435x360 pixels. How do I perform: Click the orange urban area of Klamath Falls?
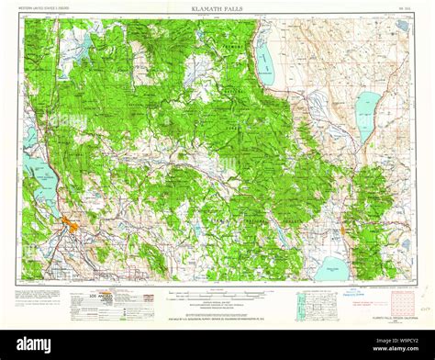(x=70, y=224)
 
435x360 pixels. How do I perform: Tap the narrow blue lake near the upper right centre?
(x=366, y=115)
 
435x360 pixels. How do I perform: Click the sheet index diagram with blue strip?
(x=311, y=304)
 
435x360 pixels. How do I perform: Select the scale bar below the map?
(x=217, y=297)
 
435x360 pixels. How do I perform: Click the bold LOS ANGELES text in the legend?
(x=96, y=298)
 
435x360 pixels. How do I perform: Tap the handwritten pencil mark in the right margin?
(x=426, y=311)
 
